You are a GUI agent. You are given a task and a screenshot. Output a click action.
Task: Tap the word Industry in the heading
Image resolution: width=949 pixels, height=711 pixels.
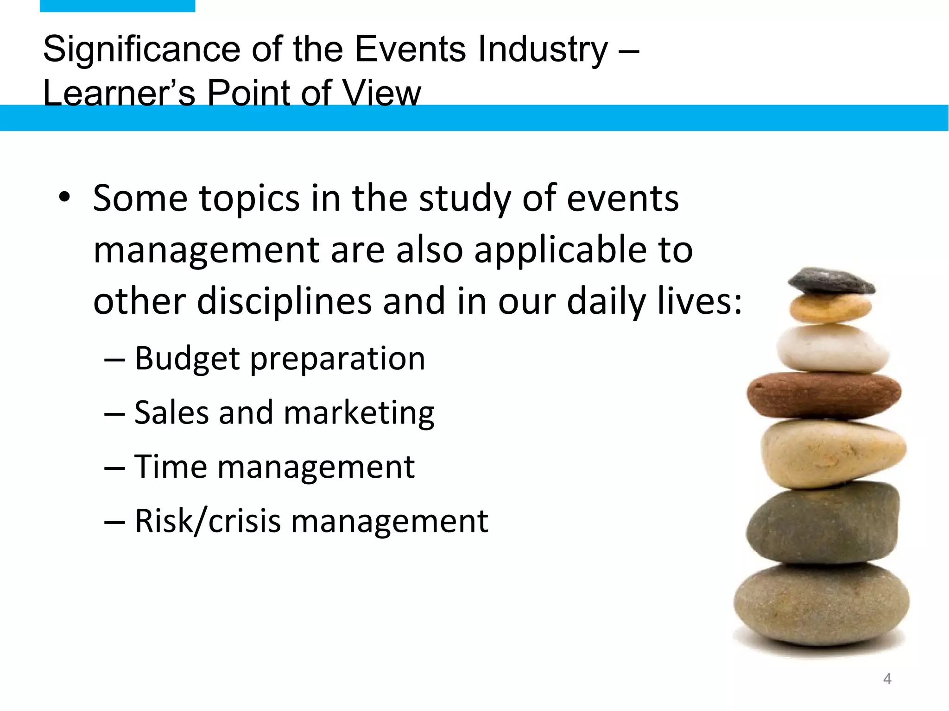tap(543, 49)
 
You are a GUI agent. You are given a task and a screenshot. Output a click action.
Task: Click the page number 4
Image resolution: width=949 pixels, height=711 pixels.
tap(887, 679)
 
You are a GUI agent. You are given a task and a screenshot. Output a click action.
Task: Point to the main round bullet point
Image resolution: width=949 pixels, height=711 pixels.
tap(64, 198)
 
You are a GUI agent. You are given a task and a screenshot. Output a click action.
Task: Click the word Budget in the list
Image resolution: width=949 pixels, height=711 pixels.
tap(187, 359)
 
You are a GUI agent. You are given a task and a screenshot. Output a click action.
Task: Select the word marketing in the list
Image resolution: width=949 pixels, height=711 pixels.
tap(359, 413)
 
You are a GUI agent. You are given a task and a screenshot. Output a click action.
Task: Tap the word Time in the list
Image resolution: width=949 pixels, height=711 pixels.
tap(170, 467)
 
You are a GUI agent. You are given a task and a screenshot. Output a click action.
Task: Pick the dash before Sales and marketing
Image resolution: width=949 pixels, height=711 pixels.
tap(114, 413)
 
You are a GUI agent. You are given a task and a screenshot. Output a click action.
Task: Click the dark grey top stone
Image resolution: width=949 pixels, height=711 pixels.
tap(831, 281)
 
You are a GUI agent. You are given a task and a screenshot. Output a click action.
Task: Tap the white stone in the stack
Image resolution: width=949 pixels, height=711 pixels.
tap(832, 348)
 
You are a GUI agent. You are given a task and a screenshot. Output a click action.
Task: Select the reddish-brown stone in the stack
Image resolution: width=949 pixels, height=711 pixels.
tap(824, 394)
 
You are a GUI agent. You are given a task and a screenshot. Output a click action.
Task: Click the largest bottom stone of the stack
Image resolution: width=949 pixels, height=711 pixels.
tap(821, 604)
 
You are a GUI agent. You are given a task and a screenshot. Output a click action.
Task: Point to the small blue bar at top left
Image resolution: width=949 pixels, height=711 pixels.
tap(117, 6)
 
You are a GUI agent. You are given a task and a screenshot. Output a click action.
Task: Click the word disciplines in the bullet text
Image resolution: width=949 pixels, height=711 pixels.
tap(284, 301)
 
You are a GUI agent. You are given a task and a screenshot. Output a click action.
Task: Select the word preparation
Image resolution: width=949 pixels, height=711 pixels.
tap(338, 359)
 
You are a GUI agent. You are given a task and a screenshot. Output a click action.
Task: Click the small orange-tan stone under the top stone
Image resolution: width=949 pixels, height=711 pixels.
tap(830, 307)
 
